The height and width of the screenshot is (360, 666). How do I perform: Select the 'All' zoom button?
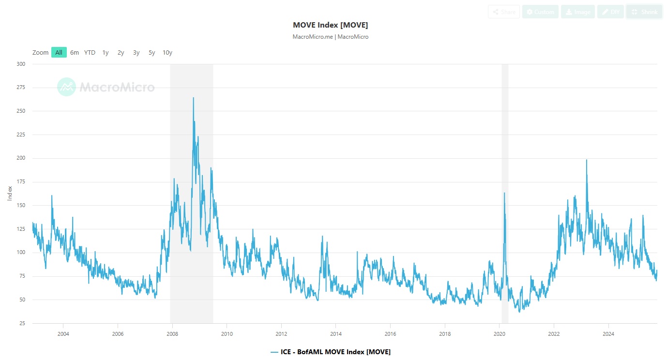pos(59,52)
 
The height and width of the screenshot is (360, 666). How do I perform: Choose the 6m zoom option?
pos(74,52)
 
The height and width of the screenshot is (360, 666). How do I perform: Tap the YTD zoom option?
pos(90,52)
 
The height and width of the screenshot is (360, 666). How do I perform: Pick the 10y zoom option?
pos(167,52)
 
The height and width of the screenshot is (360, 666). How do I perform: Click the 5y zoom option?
pos(151,52)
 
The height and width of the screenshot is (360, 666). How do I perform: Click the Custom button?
pos(540,12)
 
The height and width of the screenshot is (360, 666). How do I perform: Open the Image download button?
pos(578,12)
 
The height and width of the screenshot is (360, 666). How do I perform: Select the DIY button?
pos(610,12)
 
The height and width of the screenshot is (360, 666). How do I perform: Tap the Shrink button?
pos(644,12)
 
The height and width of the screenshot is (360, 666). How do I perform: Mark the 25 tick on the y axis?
pos(22,323)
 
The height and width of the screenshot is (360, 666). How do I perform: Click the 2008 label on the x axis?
pos(172,334)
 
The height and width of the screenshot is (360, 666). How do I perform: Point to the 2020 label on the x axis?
pos(499,334)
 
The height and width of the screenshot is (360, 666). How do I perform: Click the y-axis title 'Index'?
pos(10,194)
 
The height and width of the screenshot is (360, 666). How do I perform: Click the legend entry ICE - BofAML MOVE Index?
pos(331,352)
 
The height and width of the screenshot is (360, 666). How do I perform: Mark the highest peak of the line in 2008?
pos(194,98)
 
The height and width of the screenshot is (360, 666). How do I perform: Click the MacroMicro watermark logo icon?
pos(66,87)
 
